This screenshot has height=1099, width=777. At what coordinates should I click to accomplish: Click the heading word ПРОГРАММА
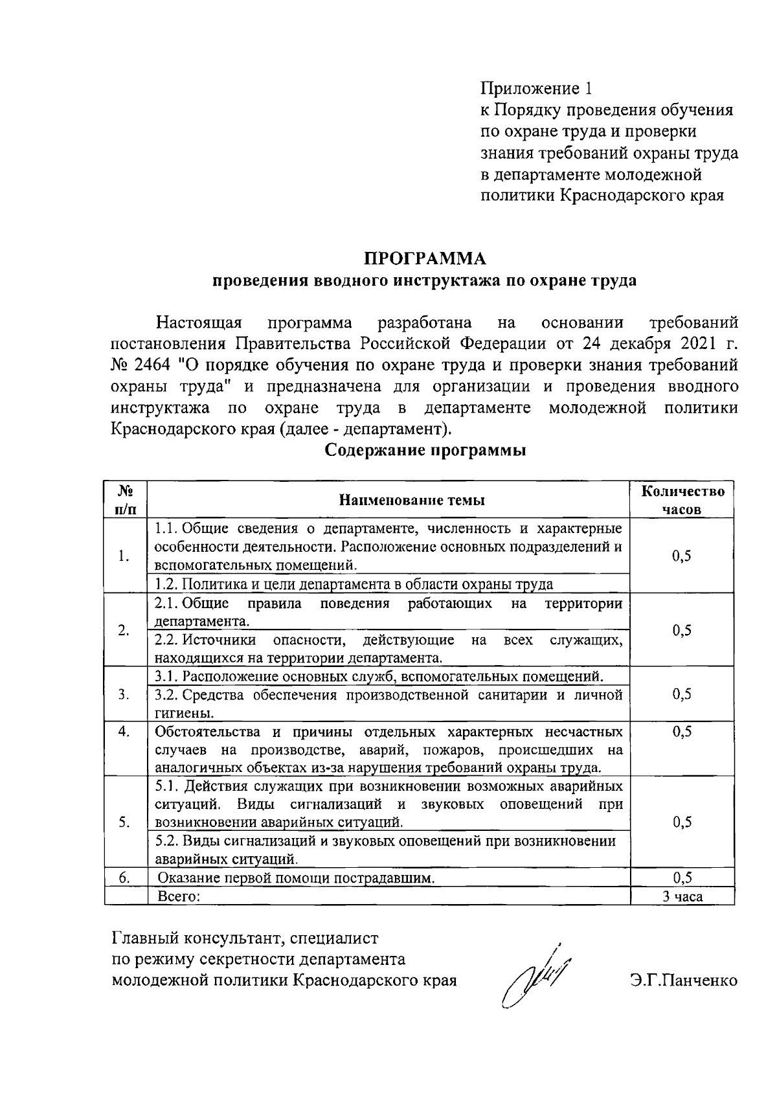point(424,258)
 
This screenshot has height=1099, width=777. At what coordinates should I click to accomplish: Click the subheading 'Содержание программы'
point(424,450)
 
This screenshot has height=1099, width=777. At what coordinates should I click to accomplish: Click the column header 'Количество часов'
point(682,500)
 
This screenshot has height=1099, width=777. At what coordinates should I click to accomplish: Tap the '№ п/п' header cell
point(126,500)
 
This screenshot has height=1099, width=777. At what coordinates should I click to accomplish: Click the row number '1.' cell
point(125,556)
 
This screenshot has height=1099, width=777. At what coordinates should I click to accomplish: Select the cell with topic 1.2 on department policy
point(354,584)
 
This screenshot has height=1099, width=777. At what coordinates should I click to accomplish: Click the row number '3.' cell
point(125,694)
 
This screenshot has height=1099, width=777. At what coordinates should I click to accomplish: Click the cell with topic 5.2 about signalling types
point(385,850)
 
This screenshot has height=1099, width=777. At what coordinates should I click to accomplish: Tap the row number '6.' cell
point(125,878)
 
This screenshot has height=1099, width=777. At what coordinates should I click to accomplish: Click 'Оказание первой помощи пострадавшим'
point(296,878)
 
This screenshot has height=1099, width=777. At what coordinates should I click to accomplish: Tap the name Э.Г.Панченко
point(684,980)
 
